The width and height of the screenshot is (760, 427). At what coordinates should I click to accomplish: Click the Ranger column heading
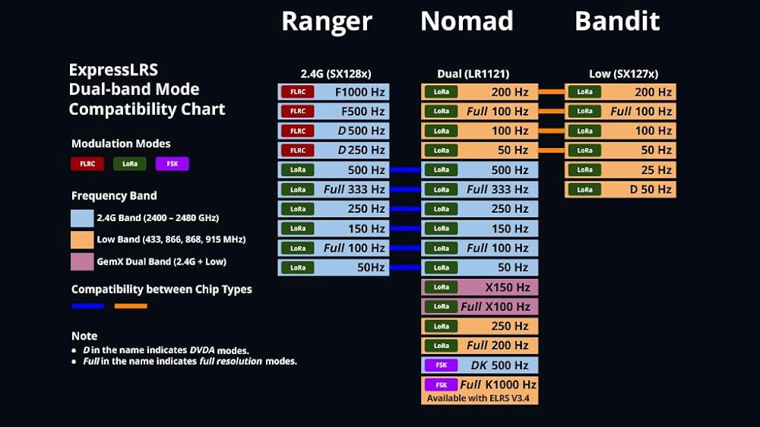327,22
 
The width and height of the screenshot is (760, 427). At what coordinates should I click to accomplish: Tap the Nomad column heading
467,21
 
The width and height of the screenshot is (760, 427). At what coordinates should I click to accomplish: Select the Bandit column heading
617,21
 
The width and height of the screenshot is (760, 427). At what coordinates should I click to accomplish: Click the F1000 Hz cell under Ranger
334,92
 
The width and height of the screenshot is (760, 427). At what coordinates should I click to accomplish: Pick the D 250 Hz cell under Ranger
334,150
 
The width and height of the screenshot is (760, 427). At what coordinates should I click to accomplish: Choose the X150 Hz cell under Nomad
480,287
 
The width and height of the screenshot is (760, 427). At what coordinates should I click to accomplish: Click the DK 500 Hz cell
480,365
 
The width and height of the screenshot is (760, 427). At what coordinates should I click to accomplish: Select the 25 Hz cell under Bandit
620,169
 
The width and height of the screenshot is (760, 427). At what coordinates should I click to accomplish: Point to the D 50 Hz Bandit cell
620,189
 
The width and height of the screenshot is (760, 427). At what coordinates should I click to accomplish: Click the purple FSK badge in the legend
172,164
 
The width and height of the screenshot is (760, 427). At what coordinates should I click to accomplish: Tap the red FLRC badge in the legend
87,164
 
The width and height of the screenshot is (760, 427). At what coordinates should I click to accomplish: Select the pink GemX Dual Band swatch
82,261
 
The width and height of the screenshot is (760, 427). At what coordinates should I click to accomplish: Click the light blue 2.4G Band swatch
82,218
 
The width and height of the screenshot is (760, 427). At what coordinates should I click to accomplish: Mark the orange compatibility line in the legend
131,306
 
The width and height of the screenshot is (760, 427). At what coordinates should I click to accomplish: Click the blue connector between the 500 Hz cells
405,169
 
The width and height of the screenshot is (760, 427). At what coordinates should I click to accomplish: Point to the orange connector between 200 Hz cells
551,92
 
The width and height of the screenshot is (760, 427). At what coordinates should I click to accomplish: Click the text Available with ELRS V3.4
478,398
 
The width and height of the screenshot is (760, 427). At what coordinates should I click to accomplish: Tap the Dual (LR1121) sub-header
473,74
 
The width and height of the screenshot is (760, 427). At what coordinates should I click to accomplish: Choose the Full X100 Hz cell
480,306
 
